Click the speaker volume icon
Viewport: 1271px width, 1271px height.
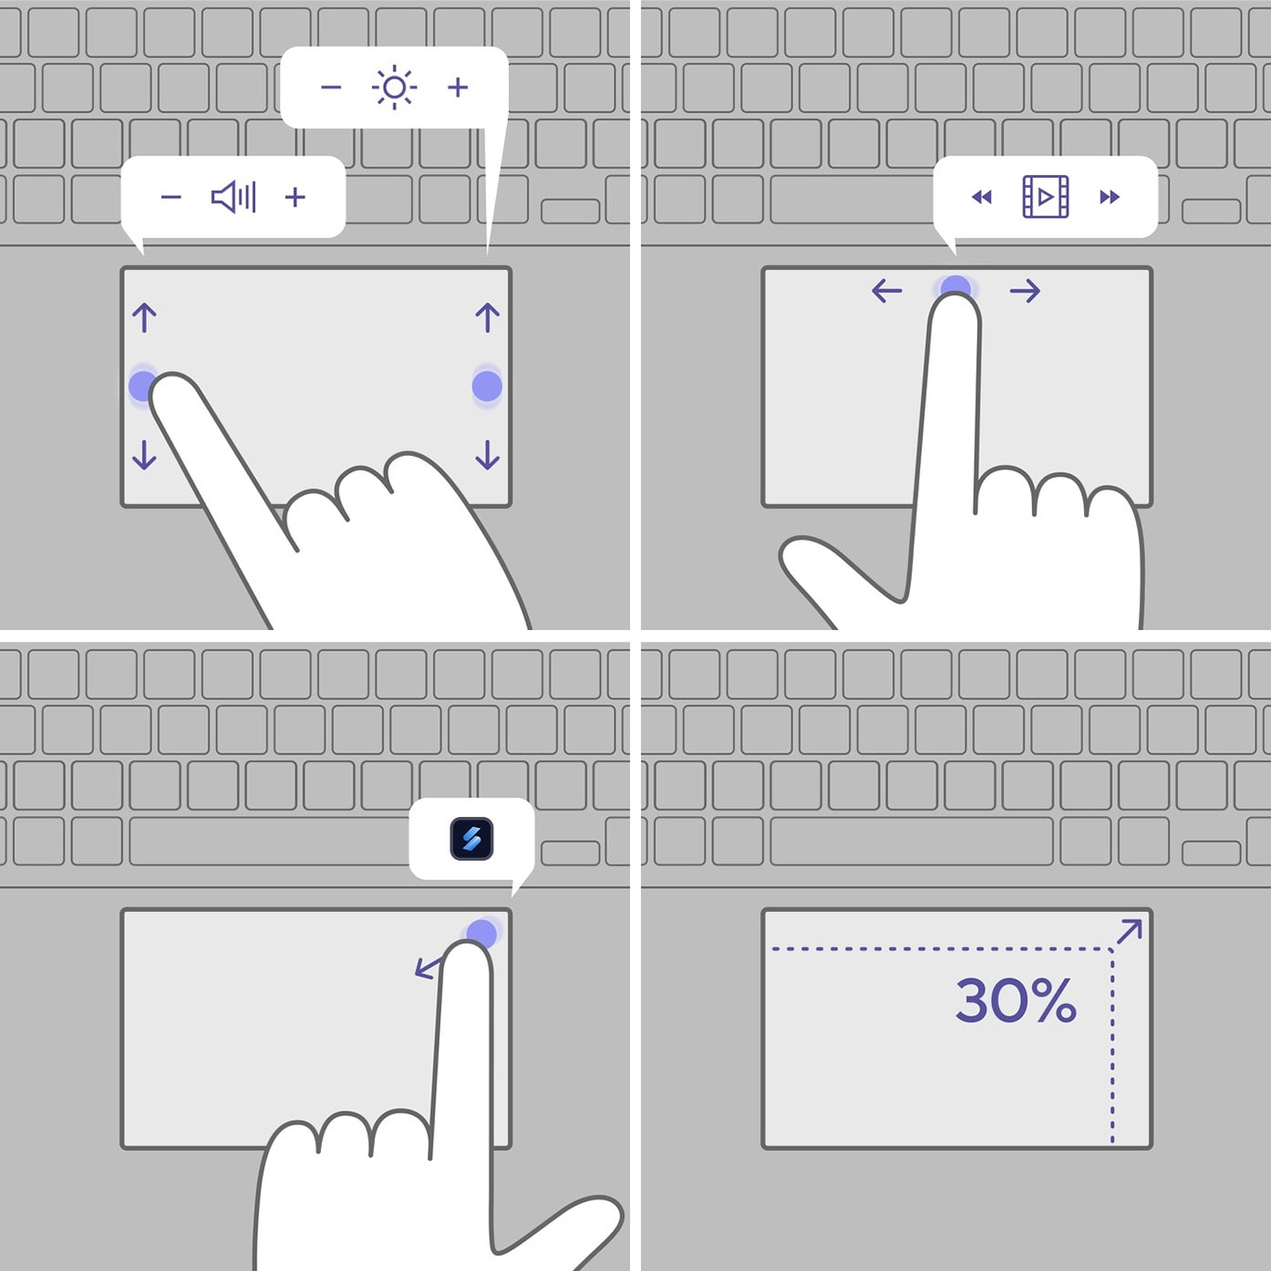[234, 197]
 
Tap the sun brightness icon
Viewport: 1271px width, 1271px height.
[395, 87]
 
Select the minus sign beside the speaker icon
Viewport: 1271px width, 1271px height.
[171, 197]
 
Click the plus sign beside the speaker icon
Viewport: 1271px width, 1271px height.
[296, 197]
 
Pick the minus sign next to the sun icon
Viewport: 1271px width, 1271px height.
[331, 87]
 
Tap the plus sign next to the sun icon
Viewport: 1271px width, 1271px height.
[458, 87]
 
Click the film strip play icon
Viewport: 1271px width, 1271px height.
[1046, 196]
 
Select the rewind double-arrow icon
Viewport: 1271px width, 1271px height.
[982, 197]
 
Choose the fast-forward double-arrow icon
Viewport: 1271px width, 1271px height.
[1109, 197]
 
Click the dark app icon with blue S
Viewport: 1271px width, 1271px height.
[472, 839]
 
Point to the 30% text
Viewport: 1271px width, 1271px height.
[1016, 1000]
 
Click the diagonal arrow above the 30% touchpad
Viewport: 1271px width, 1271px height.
[1130, 931]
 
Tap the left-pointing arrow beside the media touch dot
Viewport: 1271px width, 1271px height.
[887, 291]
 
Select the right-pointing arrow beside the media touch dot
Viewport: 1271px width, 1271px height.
[1025, 291]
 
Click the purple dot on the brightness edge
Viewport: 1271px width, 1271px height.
[487, 386]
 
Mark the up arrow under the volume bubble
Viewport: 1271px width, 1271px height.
[144, 317]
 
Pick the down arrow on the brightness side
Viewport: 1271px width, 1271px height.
[488, 454]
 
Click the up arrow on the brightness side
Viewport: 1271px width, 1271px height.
[488, 317]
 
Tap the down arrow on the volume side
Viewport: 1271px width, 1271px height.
[144, 454]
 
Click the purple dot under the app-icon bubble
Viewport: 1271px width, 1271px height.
[481, 932]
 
